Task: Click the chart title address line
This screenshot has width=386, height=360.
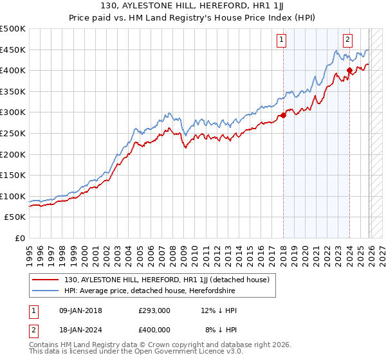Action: (x=193, y=6)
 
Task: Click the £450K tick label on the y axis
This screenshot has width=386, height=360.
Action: (x=13, y=50)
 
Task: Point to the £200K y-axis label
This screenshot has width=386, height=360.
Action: (x=13, y=154)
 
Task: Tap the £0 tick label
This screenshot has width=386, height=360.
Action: (x=19, y=238)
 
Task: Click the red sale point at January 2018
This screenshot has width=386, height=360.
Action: (x=283, y=116)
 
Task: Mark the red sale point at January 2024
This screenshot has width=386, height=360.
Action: (x=349, y=71)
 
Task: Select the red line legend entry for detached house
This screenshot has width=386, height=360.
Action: (x=170, y=280)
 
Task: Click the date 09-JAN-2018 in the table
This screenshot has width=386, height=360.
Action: (x=79, y=310)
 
